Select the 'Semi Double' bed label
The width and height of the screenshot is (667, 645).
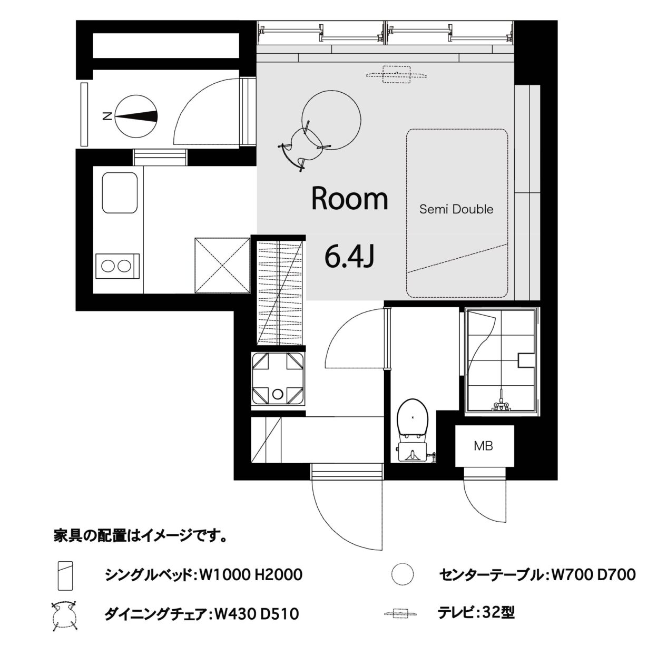tap(456, 209)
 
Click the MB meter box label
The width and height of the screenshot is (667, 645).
tap(483, 446)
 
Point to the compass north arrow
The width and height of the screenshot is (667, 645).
tap(136, 116)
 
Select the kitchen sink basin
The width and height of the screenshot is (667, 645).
tap(120, 192)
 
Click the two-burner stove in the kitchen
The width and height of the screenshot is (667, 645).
tap(117, 266)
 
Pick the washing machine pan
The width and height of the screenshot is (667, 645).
tap(278, 378)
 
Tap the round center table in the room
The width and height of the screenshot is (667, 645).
tap(331, 120)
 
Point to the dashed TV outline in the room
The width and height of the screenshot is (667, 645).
tap(396, 74)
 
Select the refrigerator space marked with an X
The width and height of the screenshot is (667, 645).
tap(222, 266)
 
